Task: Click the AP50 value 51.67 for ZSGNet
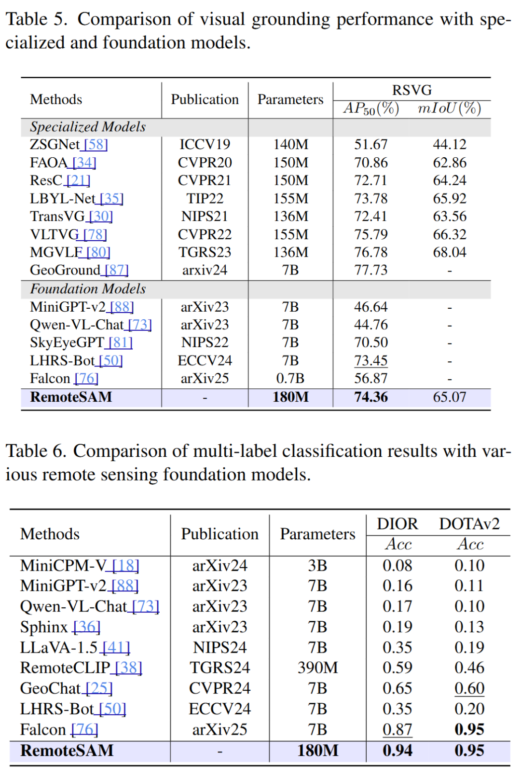370,145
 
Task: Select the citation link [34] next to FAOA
84,163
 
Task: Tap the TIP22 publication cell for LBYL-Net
205,199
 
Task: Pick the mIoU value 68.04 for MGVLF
449,252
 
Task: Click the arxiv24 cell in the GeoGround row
205,270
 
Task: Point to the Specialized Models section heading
88,127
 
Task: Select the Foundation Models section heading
88,289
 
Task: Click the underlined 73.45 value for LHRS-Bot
370,361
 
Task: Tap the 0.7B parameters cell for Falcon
290,379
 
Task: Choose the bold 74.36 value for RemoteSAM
370,397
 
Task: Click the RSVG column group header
411,90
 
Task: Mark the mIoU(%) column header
449,108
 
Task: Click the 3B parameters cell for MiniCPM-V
317,565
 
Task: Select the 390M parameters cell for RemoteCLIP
317,668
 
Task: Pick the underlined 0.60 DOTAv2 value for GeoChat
469,688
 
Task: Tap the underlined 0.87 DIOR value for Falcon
397,729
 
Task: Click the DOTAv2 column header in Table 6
469,524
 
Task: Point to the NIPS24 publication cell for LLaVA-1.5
219,647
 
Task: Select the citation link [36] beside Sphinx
86,627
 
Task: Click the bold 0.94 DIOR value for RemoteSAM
397,751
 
